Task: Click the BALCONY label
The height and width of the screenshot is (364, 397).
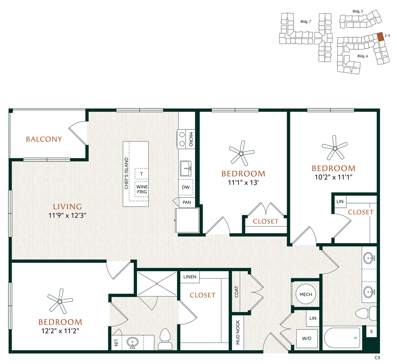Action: [44, 139]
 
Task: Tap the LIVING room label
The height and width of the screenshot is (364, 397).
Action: [67, 207]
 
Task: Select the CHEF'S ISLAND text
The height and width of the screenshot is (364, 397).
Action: [126, 173]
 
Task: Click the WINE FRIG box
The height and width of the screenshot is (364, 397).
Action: [142, 189]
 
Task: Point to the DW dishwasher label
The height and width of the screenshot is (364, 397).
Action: [186, 187]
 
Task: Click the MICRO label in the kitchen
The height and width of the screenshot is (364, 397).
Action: [191, 139]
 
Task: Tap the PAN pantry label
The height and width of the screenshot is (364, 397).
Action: [187, 202]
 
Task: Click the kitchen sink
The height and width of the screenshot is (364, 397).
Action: [186, 168]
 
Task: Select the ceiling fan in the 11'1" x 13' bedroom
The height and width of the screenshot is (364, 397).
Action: [241, 153]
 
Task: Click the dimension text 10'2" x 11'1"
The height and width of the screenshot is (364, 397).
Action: [333, 177]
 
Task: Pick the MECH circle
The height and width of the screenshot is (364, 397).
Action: [306, 294]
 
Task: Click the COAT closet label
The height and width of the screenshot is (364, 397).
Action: [237, 292]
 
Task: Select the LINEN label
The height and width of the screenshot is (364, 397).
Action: [190, 277]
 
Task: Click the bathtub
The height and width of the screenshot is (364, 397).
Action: [342, 338]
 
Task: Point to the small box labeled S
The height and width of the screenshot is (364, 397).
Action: [371, 332]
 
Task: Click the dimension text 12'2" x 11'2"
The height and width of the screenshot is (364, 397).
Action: [60, 331]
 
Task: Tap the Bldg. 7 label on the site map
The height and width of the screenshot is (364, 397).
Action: [305, 22]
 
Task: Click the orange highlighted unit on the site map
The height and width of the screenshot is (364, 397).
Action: [380, 37]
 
